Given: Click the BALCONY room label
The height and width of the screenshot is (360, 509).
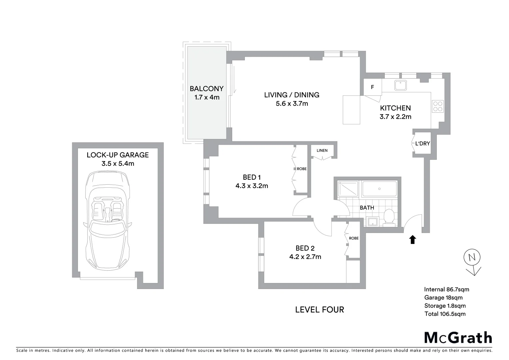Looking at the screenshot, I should (x=207, y=89).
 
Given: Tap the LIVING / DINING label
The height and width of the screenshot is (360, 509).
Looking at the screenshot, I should (x=291, y=95).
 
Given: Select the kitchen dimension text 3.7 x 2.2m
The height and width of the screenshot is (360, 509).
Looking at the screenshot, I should (x=395, y=117).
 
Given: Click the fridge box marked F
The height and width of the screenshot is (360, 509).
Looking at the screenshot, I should (x=372, y=87).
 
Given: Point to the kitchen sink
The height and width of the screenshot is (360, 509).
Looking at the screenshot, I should (x=400, y=85).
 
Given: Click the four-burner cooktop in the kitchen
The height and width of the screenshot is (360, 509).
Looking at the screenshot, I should (x=438, y=106).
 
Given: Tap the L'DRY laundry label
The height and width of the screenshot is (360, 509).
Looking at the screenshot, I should (x=422, y=144).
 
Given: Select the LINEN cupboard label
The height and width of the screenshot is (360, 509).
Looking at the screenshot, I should (x=322, y=150).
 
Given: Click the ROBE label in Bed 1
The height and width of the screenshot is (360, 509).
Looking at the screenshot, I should (x=302, y=169).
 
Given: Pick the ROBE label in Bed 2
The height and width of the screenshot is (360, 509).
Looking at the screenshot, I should (x=354, y=238).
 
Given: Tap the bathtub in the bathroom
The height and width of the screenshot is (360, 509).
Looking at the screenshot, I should (x=379, y=189).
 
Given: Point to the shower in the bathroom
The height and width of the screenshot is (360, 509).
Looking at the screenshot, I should (x=348, y=189).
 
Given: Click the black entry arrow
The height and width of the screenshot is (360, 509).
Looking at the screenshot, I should (x=413, y=239).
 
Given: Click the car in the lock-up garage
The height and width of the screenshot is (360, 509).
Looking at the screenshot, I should (x=107, y=220).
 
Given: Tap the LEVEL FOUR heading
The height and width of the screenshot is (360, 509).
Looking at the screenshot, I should (x=319, y=310).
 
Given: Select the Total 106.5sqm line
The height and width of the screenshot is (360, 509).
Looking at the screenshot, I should (x=445, y=314).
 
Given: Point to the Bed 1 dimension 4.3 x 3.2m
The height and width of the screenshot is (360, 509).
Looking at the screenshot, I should (x=252, y=186).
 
